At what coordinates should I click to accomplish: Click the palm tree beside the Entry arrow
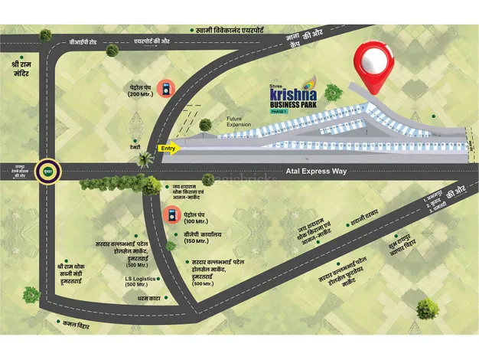144,159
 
